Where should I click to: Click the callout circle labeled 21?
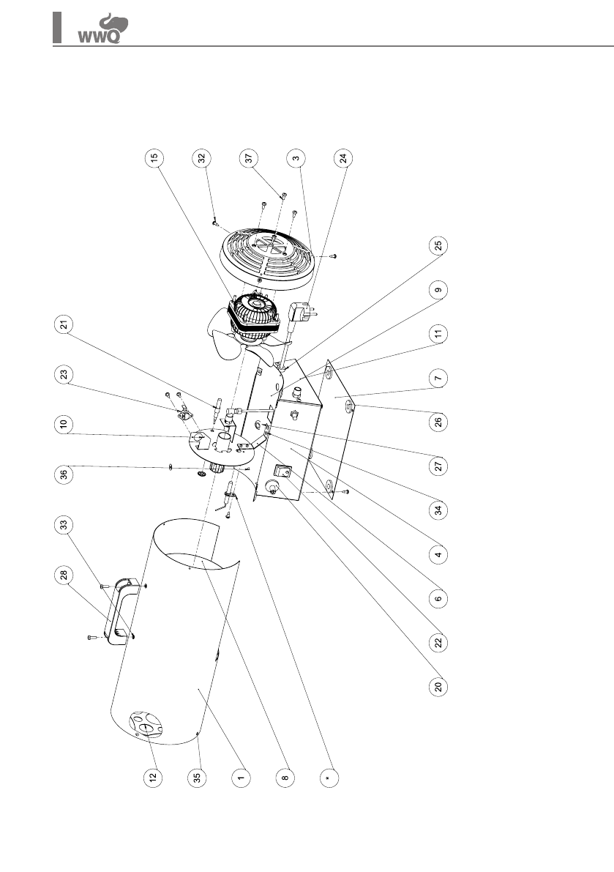63,327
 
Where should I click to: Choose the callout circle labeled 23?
63,374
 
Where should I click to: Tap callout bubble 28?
63,575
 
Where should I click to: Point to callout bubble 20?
438,687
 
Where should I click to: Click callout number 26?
438,422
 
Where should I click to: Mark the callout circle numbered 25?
438,245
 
